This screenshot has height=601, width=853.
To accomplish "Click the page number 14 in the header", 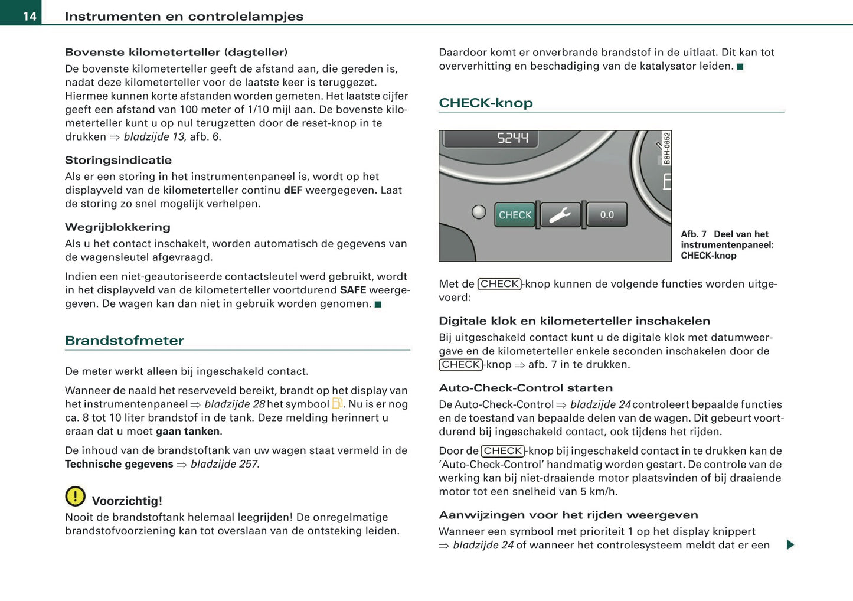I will pos(30,16).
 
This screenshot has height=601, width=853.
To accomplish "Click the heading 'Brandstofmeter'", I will pos(125,341).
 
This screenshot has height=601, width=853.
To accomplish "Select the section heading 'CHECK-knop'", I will pos(485,103).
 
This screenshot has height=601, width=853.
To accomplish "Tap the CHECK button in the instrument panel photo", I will pos(515,215).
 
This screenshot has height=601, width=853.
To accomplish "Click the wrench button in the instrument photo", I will pos(560,215).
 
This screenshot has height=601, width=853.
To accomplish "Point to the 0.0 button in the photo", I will pos(607,215).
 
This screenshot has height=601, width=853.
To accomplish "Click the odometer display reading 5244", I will pos(512,138).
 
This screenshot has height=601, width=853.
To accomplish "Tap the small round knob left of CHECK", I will pos(479,212).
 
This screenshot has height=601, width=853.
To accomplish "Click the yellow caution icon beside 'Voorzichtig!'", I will pos(76,496).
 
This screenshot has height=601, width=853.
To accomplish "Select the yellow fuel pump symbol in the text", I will pos(338,404).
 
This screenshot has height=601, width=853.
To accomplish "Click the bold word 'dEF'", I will pos(293,190).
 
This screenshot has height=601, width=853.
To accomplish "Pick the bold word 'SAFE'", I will pos(353,290).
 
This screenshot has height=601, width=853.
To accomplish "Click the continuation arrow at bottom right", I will pos(790,544).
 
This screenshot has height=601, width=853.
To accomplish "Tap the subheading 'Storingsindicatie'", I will pos(118,160).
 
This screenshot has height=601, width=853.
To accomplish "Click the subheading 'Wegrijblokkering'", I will pos(117,227).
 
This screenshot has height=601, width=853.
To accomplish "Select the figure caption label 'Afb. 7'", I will pos(694,234).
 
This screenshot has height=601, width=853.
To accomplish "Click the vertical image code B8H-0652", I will pos(666,148).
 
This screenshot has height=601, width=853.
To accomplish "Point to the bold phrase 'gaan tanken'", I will pos(188,431).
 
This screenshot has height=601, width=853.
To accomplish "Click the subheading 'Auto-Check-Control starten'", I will pos(525,388).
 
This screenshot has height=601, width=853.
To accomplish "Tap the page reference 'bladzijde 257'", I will pos(224,464).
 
